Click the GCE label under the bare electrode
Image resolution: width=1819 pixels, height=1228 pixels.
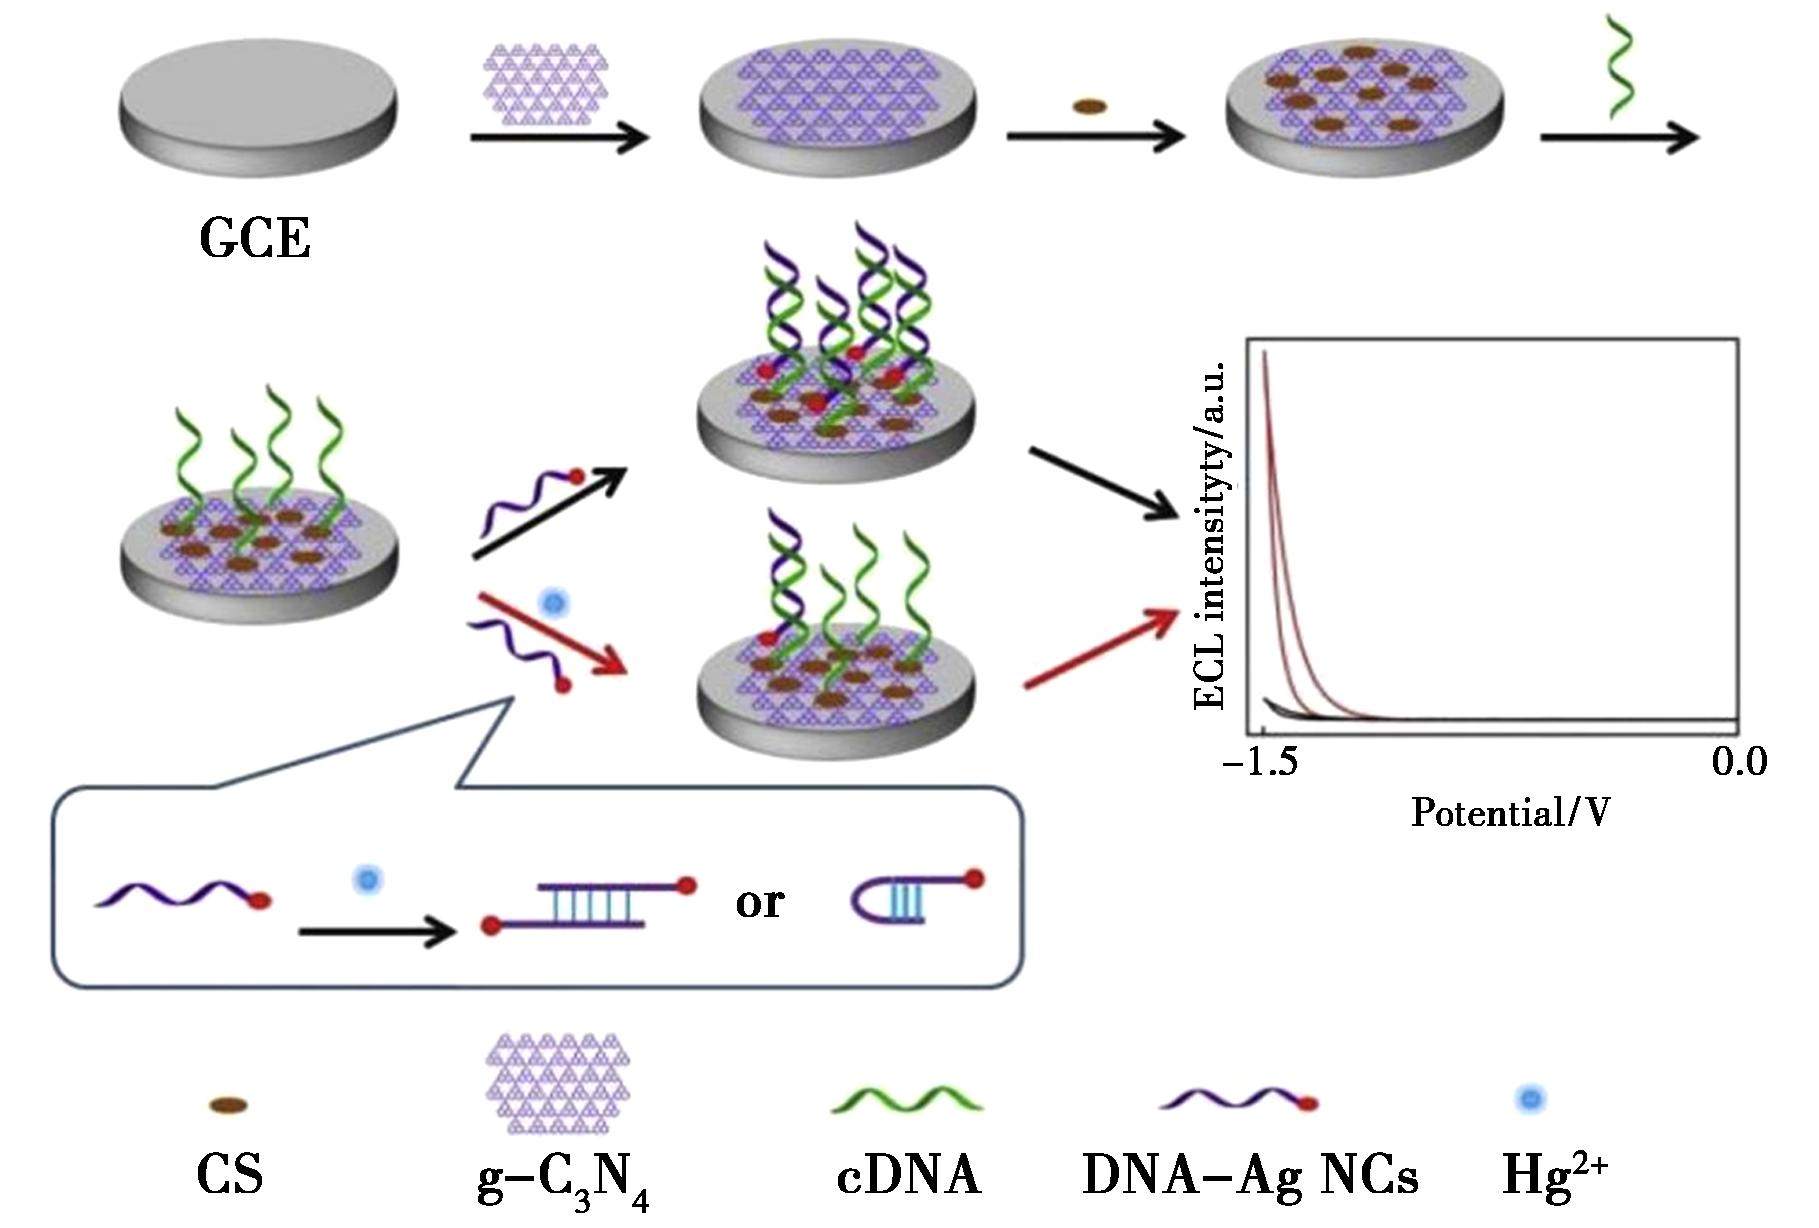tap(255, 239)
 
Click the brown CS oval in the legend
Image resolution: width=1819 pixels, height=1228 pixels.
tap(228, 1105)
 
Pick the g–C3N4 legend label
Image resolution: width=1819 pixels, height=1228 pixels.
tap(564, 1180)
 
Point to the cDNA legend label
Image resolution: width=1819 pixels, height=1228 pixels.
tap(909, 1174)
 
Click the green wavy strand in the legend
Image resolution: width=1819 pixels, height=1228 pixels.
tap(907, 1098)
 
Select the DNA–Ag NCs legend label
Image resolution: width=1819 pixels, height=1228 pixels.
tap(1250, 1174)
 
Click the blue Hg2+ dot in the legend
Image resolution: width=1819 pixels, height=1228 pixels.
tap(1530, 1099)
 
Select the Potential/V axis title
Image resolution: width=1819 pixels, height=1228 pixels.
tap(1511, 812)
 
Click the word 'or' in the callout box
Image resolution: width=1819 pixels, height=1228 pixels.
tap(759, 902)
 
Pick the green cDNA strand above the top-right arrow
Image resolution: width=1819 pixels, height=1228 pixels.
tap(1620, 66)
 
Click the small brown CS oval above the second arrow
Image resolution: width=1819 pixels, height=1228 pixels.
tap(1089, 106)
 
